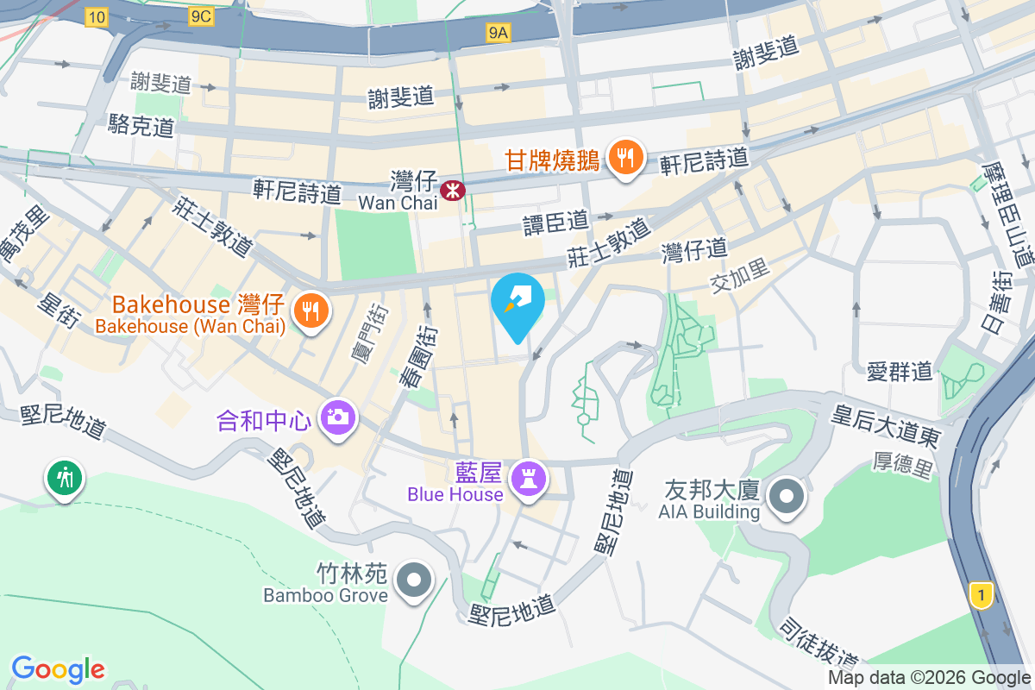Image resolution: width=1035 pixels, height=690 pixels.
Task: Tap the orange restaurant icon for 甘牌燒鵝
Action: [x=623, y=157]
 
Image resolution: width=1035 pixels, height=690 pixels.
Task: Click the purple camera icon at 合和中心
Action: [x=337, y=417]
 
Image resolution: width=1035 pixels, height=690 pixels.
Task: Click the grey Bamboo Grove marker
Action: [x=415, y=579]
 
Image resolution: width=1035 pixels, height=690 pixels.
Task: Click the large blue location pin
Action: [x=517, y=303]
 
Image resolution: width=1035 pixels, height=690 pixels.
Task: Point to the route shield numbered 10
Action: [x=97, y=16]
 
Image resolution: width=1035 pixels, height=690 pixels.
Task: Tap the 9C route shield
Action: [x=200, y=16]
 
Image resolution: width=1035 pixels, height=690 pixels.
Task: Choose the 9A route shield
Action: [x=499, y=33]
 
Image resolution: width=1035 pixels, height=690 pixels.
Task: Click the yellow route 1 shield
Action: [x=981, y=594]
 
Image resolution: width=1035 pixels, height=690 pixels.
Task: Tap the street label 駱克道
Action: [x=141, y=127]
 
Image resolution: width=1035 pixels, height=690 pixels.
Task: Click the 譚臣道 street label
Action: [x=555, y=223]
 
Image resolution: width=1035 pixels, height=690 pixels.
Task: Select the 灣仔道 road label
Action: [x=694, y=251]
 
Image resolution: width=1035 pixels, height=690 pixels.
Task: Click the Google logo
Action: [x=58, y=668]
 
